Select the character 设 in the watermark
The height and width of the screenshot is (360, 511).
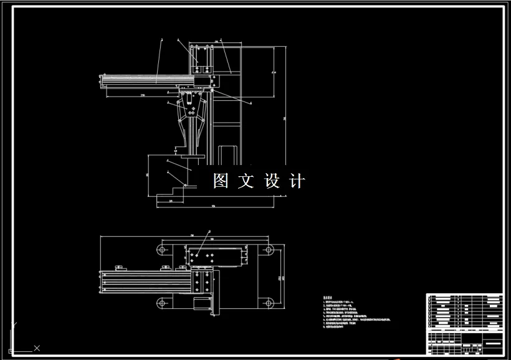point(273,181)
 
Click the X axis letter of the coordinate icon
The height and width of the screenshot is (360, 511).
point(37,348)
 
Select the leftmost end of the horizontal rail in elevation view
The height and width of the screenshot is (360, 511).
point(102,78)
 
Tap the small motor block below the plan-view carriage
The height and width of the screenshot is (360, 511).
point(200,304)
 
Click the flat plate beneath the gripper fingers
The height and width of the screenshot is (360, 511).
point(191,154)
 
